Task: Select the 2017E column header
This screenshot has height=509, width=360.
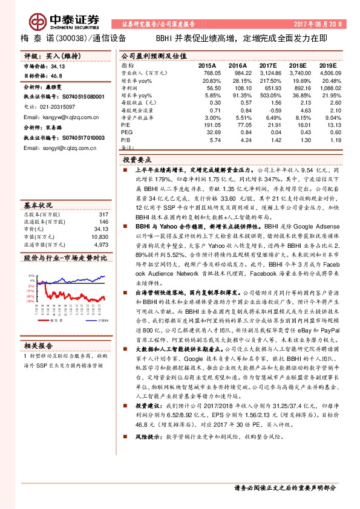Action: [267, 64]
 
